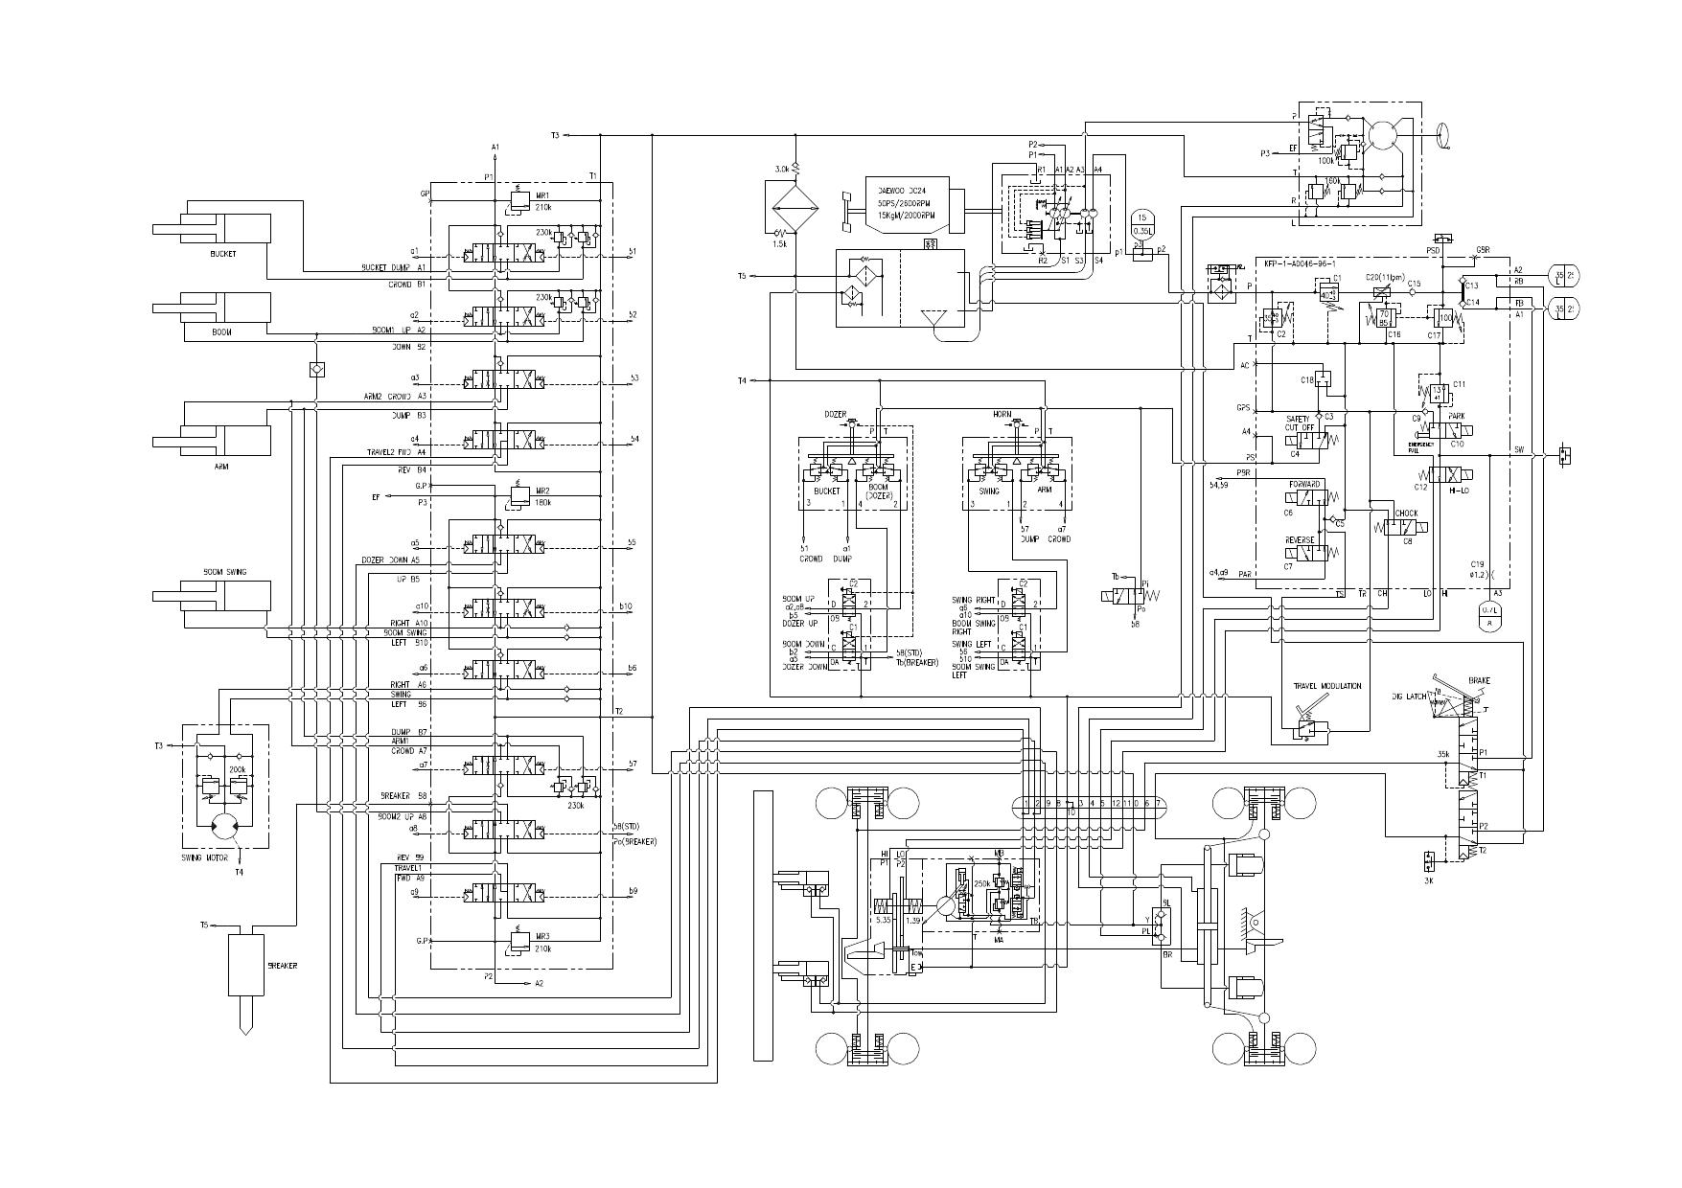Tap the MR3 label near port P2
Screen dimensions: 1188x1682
click(x=542, y=935)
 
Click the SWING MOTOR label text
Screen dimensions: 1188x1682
click(x=204, y=858)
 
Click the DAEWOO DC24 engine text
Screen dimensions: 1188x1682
click(x=903, y=189)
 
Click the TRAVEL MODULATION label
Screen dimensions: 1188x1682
click(x=1326, y=686)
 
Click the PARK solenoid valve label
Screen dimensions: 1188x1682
click(x=1456, y=416)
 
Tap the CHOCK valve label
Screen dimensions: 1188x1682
click(x=1406, y=514)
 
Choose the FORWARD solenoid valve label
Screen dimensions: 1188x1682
click(x=1304, y=484)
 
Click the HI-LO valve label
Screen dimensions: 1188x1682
click(x=1459, y=489)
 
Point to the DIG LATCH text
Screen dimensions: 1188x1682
click(x=1410, y=697)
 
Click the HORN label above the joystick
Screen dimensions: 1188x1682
click(x=1002, y=414)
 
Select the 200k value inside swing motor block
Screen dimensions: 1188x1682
click(x=237, y=769)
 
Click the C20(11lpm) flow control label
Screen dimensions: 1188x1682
click(x=1384, y=277)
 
